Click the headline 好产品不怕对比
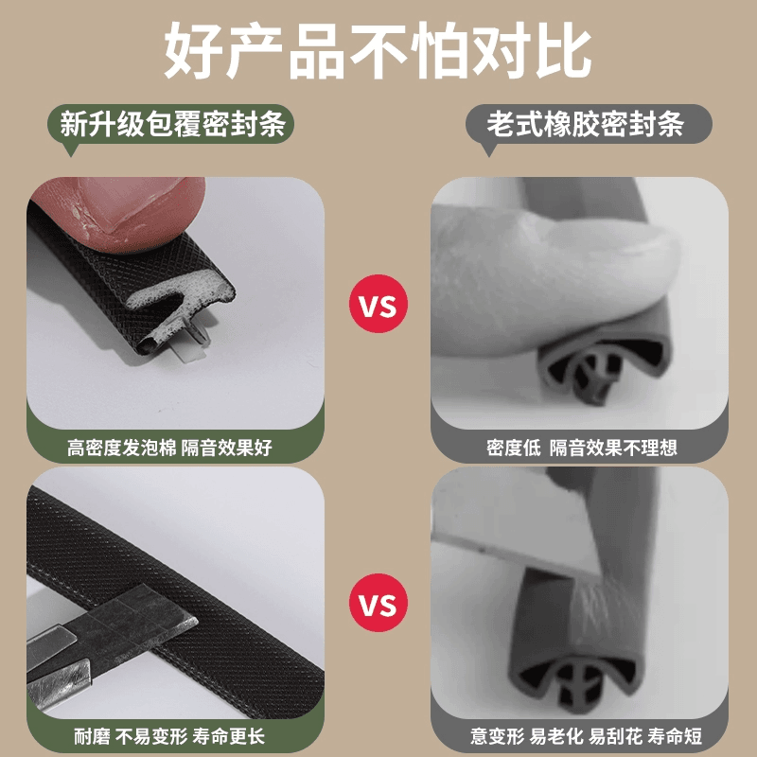378,50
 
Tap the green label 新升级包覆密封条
171,124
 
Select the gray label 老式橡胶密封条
589,124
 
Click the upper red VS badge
378,304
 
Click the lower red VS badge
378,603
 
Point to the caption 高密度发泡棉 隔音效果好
170,448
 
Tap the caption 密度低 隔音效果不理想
582,448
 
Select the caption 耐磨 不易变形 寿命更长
169,737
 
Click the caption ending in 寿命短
586,737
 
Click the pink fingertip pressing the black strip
126,212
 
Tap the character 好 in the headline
193,50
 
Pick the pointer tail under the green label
70,150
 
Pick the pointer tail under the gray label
488,150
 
